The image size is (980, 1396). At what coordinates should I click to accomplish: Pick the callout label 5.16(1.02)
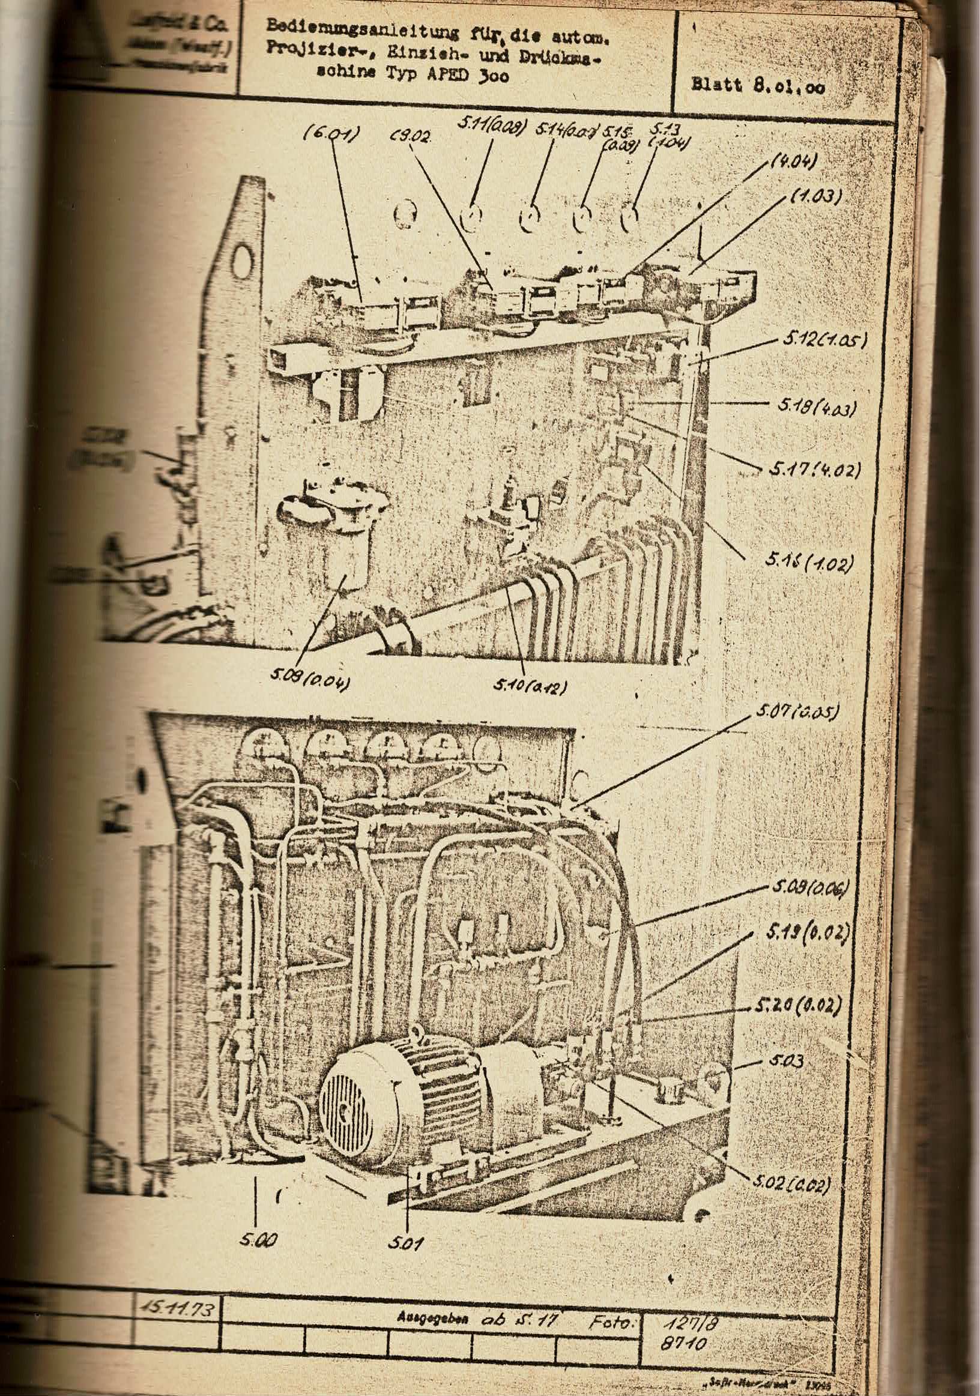pos(809,563)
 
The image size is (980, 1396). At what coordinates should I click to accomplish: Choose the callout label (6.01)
pos(331,134)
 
